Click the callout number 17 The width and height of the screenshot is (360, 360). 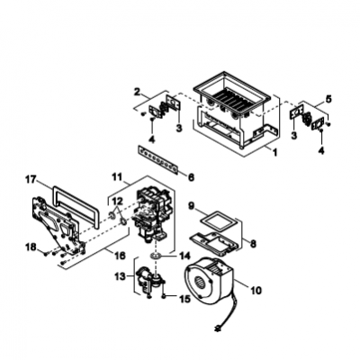[31, 180]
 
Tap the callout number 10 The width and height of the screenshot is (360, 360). [256, 291]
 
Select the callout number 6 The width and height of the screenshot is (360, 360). [191, 177]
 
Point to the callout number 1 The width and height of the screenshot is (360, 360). [274, 153]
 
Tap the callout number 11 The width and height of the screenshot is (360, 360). [117, 177]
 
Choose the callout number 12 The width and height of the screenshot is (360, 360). [117, 200]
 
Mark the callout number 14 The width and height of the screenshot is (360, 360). [185, 256]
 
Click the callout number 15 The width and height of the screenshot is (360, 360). [185, 299]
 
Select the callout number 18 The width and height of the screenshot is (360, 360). [31, 247]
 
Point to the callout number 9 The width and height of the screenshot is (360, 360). [192, 206]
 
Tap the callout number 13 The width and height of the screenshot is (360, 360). [120, 276]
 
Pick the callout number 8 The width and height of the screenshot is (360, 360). [253, 244]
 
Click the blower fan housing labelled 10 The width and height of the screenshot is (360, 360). [209, 280]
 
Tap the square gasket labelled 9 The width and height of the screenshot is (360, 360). [220, 221]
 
